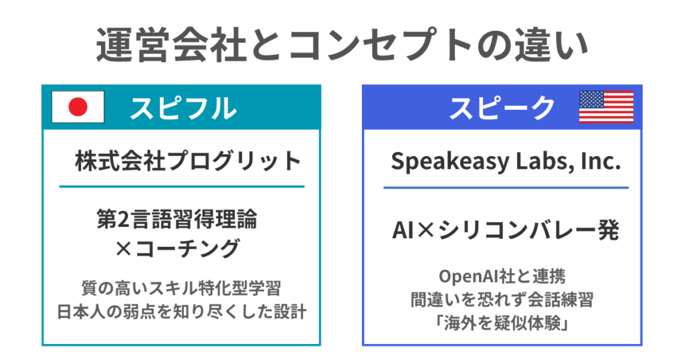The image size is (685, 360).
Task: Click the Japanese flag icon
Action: (x=78, y=107)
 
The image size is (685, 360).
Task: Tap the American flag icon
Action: (x=606, y=107)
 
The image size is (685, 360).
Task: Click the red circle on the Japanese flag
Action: (x=78, y=107)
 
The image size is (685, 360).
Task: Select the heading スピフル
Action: (x=183, y=108)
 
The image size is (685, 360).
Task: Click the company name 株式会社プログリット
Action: (x=188, y=161)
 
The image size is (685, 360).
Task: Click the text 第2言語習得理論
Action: (x=177, y=218)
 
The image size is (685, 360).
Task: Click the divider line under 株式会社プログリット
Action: (x=181, y=186)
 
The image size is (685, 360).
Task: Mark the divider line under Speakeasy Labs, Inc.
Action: (x=506, y=188)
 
